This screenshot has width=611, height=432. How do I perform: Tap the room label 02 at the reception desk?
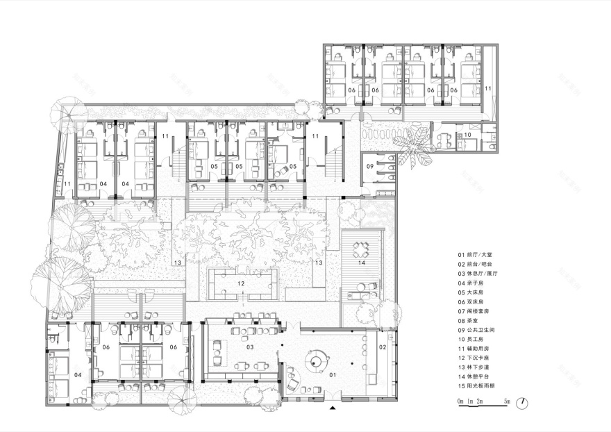[382, 346]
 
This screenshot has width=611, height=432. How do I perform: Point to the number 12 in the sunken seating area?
[241, 283]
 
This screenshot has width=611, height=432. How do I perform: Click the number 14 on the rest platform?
[361, 263]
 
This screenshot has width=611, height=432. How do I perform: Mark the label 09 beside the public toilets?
[370, 167]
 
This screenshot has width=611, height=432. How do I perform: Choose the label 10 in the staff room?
[467, 135]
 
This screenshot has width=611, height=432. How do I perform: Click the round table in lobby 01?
[318, 360]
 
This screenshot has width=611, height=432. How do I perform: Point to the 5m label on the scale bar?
[507, 401]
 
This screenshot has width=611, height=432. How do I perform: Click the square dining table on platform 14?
[361, 249]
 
